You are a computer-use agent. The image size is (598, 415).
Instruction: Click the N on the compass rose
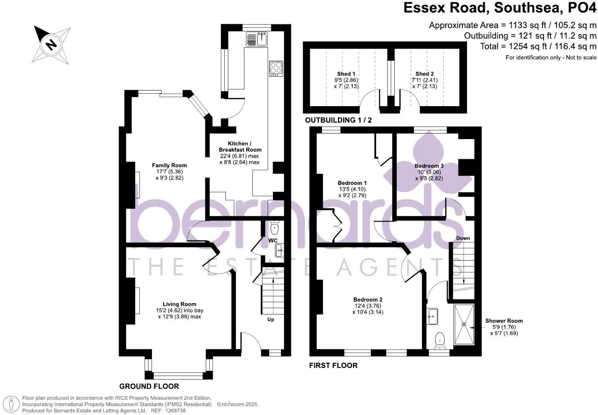[51, 44]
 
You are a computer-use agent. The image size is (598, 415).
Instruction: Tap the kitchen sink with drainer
[256, 39]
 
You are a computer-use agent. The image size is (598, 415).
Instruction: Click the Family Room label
[169, 165]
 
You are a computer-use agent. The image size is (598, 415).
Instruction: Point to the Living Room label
[179, 304]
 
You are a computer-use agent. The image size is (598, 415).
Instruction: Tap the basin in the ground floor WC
[280, 250]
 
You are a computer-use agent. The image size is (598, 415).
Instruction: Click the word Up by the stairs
[271, 319]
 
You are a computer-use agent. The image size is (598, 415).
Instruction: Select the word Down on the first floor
[463, 238]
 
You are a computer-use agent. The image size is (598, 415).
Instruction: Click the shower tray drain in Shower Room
[464, 324]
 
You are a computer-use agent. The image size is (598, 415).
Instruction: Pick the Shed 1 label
[346, 74]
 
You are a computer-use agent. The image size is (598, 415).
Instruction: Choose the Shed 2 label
[424, 74]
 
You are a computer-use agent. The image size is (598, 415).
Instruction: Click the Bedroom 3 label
[429, 166]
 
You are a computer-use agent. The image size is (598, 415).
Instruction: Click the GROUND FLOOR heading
[149, 386]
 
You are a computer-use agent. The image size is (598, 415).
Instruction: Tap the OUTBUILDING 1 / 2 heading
[338, 120]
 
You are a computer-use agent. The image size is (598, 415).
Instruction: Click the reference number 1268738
[175, 411]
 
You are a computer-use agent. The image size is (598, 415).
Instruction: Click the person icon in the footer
[11, 404]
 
